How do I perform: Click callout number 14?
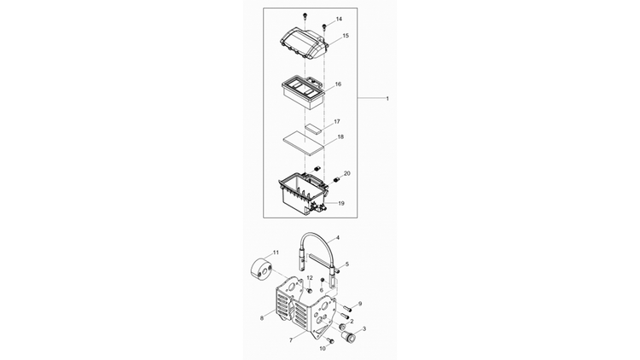(339, 19)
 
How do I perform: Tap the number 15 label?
(346, 36)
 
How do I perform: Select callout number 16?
(338, 84)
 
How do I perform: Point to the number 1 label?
(387, 98)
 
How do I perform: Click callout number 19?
(341, 203)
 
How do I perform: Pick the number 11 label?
(276, 253)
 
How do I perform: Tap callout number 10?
(323, 349)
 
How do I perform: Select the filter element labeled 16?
(303, 94)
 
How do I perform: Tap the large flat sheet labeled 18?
(303, 142)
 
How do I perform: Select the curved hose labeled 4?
(319, 235)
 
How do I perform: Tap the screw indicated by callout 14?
(324, 27)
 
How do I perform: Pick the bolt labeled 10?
(330, 340)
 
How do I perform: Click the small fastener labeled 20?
(337, 179)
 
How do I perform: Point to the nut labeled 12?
(309, 290)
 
